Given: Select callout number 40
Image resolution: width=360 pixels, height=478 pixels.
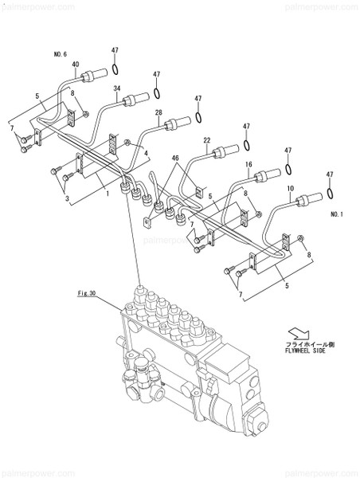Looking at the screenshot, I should click(76, 65).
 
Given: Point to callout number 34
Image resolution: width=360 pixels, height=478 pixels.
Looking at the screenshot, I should click(117, 88).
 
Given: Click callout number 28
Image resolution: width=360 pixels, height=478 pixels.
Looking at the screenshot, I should click(158, 113).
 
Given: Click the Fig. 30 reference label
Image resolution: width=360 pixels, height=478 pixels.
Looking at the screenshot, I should click(86, 294).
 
